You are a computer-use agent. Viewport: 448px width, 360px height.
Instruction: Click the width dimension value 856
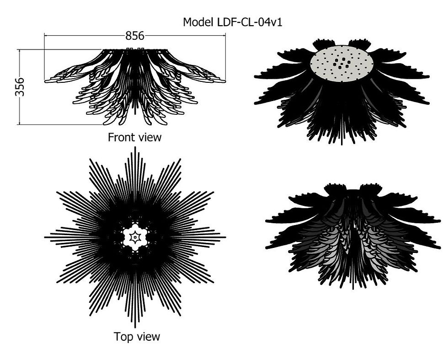click(x=135, y=36)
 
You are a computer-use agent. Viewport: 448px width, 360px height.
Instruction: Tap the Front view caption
click(x=134, y=137)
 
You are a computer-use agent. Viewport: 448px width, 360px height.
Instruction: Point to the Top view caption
click(x=137, y=337)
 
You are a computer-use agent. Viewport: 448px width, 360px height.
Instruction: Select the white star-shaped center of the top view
click(x=135, y=237)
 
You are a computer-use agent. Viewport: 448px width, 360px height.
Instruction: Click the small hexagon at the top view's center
click(x=135, y=237)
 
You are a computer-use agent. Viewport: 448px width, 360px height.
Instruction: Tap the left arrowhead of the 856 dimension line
click(x=46, y=35)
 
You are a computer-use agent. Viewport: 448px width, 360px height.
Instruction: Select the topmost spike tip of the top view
click(x=134, y=148)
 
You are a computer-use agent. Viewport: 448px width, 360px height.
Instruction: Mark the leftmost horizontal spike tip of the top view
click(x=45, y=237)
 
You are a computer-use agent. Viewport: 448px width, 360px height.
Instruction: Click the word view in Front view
click(x=150, y=137)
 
